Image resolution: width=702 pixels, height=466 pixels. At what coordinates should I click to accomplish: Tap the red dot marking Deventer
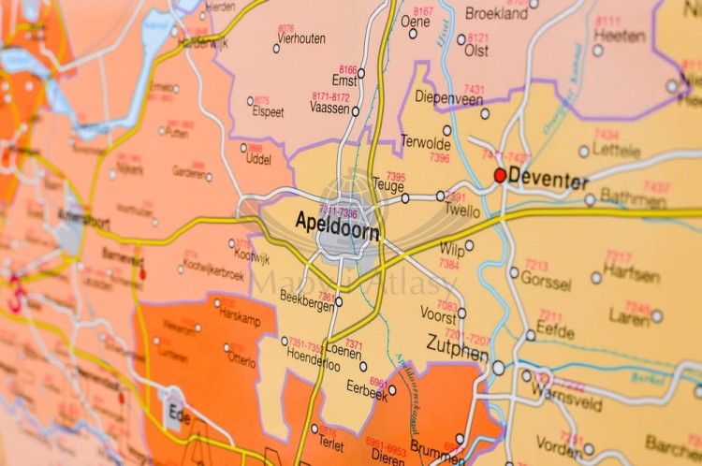point(500,175)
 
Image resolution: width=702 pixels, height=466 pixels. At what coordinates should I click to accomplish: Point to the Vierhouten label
point(300,38)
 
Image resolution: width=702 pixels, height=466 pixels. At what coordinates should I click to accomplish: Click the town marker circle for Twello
point(440,196)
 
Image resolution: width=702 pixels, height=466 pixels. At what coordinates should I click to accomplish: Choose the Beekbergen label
point(307,296)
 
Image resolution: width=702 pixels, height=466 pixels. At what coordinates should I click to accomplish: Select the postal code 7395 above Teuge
point(395,176)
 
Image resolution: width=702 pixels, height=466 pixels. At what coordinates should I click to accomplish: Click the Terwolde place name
point(426,142)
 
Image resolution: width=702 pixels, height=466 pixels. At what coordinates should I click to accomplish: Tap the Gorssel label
point(547,280)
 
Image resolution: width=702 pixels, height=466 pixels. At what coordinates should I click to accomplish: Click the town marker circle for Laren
point(657,316)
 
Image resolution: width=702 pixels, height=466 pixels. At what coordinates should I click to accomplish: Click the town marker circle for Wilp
point(469,246)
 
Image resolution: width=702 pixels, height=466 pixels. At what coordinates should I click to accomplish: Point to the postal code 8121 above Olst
point(478,38)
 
